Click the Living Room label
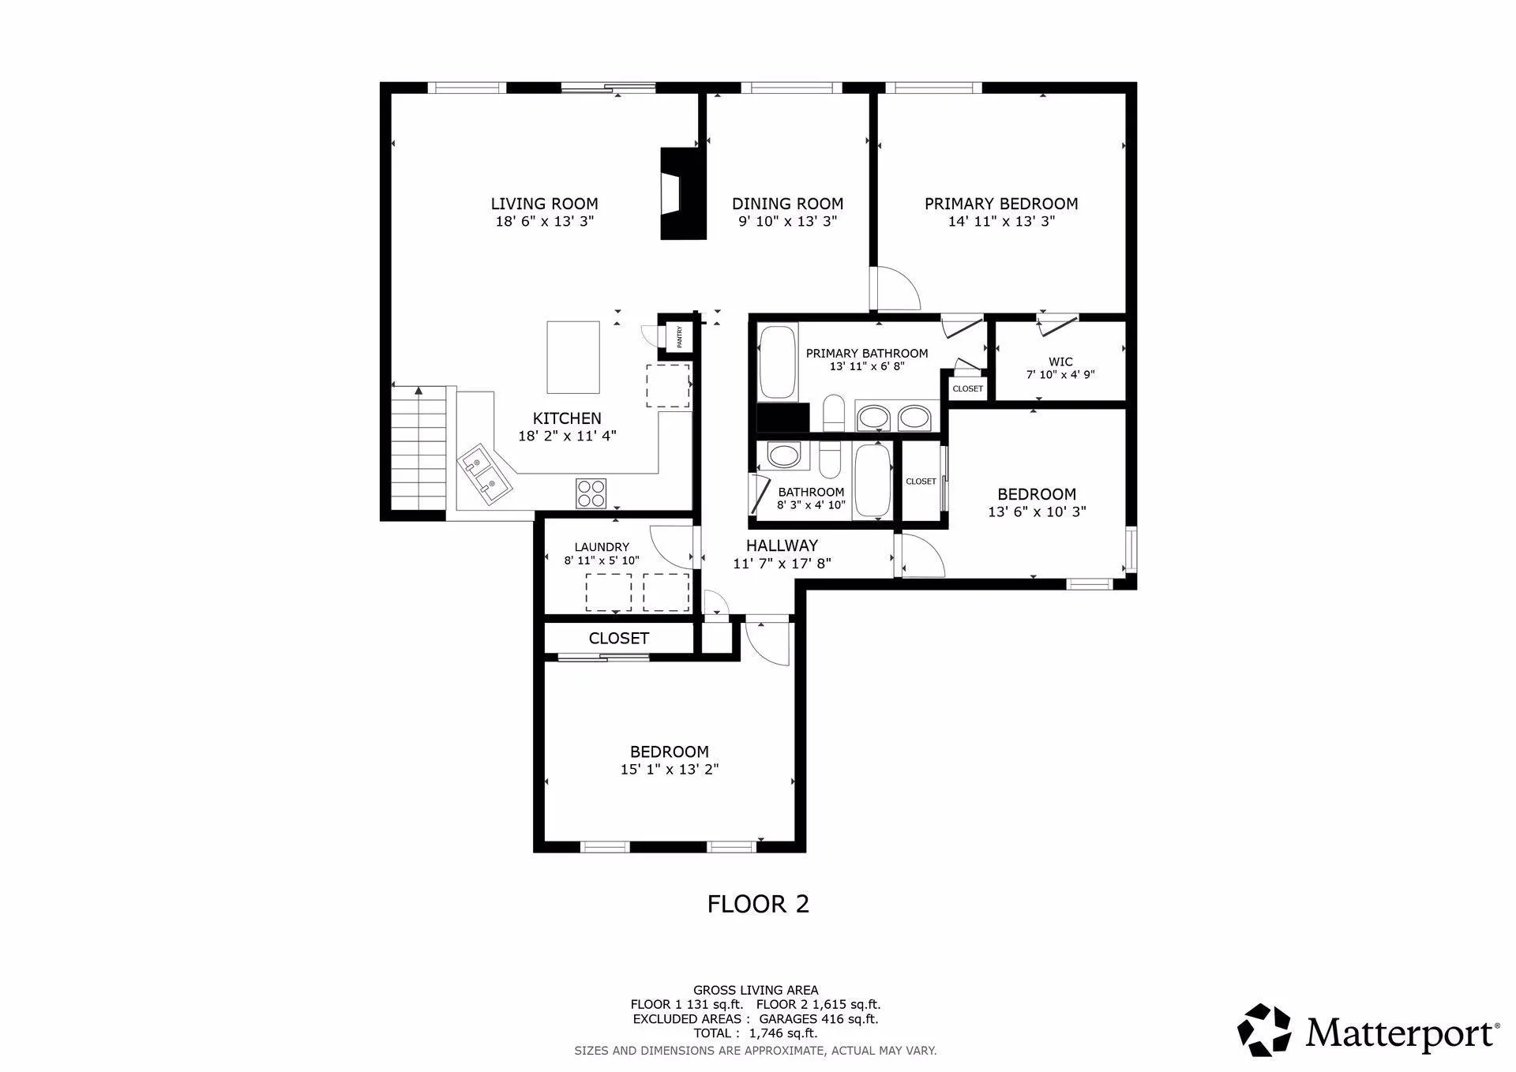point(544,204)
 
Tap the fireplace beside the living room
point(682,193)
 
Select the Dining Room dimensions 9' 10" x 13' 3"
point(787,222)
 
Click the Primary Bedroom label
point(1001,204)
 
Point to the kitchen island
point(573,357)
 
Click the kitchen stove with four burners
point(591,493)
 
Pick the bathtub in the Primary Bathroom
point(779,362)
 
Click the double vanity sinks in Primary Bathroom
point(895,417)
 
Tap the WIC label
point(1060,362)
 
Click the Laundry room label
point(602,547)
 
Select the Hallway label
point(782,545)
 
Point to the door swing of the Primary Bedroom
point(896,289)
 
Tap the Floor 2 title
point(758,904)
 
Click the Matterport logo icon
point(1264,1030)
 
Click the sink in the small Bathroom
point(784,456)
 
